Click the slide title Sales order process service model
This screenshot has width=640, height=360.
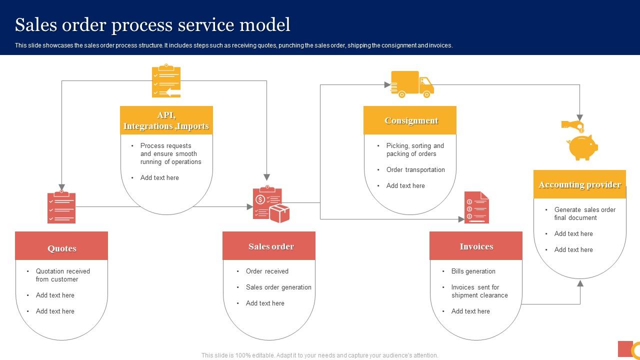(x=152, y=24)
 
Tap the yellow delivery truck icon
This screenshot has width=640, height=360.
(x=412, y=84)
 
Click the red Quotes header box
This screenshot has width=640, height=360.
(x=61, y=246)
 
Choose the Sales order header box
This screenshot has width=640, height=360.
(x=269, y=246)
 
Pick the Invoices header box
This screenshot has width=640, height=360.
(x=476, y=246)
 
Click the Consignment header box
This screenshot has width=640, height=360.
(x=410, y=120)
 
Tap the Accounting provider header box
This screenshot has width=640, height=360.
(x=579, y=184)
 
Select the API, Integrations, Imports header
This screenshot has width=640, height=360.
(x=166, y=120)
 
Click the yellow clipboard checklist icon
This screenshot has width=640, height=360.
(x=166, y=80)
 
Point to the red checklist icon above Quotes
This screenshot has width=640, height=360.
(x=61, y=207)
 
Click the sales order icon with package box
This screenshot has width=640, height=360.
(x=270, y=204)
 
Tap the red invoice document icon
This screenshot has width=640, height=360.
(x=476, y=207)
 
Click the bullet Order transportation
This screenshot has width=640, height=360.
(x=415, y=169)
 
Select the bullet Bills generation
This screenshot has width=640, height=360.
(x=473, y=271)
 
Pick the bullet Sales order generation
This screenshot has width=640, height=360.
(x=278, y=287)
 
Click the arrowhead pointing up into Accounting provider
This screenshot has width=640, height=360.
(x=580, y=283)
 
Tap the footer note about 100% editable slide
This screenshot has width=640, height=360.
(x=320, y=355)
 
